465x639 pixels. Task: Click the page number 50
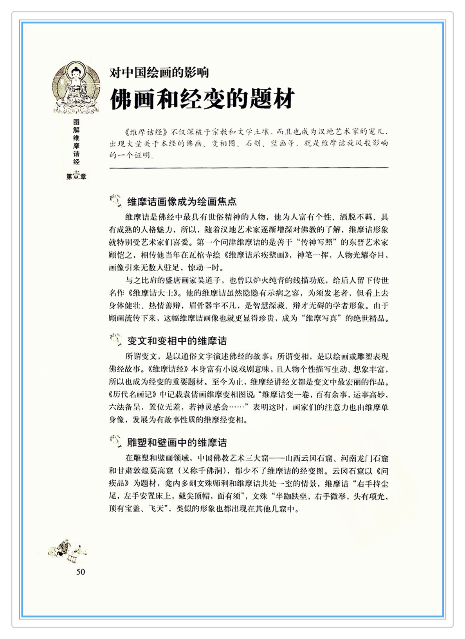point(80,572)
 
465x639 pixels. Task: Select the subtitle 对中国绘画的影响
point(159,72)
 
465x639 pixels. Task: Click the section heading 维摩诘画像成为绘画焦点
point(182,202)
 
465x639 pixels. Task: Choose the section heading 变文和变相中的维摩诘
point(177,341)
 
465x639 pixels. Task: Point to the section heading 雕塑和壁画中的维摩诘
point(177,442)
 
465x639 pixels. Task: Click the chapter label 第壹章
point(76,176)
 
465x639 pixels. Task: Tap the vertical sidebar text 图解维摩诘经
point(76,142)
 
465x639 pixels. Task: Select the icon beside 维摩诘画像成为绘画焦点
point(116,201)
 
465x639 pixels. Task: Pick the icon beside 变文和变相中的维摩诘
point(116,339)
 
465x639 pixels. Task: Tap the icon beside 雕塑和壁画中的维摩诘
point(116,441)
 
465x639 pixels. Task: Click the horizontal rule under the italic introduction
point(249,168)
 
